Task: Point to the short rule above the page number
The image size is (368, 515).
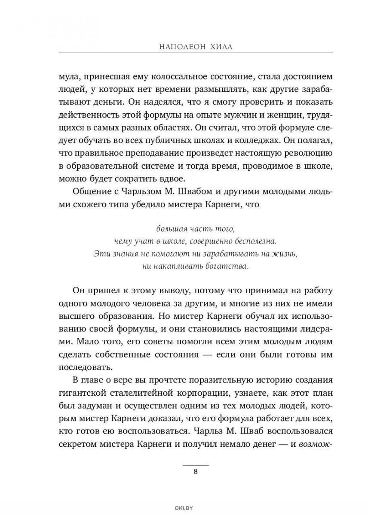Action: pyautogui.click(x=196, y=465)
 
